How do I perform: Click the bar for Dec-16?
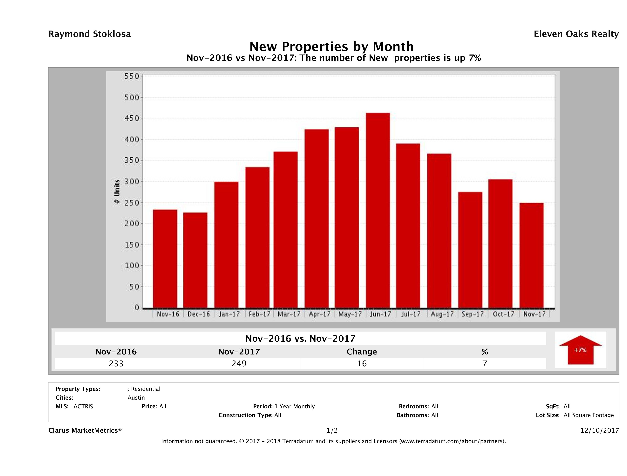tap(195, 260)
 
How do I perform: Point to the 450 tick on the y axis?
tap(132, 118)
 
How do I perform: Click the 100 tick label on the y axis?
tap(132, 266)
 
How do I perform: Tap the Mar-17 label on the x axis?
tap(289, 314)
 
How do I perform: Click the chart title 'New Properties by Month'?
tap(331, 46)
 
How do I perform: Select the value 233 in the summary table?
tap(116, 364)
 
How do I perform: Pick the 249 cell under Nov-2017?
tap(239, 364)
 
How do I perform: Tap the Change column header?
tap(362, 352)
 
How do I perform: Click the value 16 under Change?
tap(362, 364)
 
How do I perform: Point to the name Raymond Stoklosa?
tap(90, 34)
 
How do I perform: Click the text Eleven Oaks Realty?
tap(576, 34)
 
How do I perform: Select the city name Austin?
tap(136, 398)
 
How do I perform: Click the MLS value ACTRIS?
tap(83, 407)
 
